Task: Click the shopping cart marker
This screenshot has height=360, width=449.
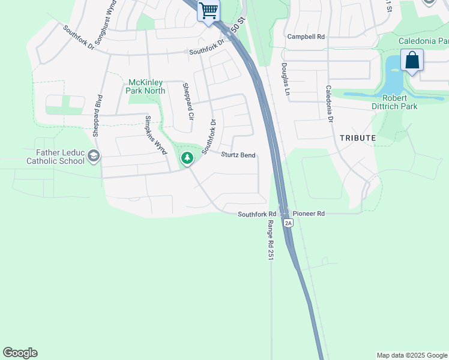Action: coord(208,10)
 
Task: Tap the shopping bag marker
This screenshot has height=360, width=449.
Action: coord(412,60)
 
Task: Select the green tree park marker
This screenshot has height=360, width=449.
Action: coord(187,158)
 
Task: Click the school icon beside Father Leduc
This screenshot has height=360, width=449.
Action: coord(93,157)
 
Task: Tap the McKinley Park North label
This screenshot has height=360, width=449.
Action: coord(145,86)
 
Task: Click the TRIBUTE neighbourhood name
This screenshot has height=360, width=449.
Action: coord(358,138)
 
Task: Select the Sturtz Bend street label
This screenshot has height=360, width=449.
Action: coord(238,155)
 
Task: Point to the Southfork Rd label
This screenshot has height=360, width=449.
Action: coord(256,214)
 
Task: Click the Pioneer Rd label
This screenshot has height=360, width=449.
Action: coord(309,214)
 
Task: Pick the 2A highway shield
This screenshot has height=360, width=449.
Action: coord(288,223)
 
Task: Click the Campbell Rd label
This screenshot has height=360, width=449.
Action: coord(306,37)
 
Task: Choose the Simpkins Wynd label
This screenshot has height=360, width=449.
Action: coord(155,135)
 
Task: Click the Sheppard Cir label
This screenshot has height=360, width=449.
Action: coord(188,101)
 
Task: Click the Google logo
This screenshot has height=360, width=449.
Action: coord(20,353)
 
